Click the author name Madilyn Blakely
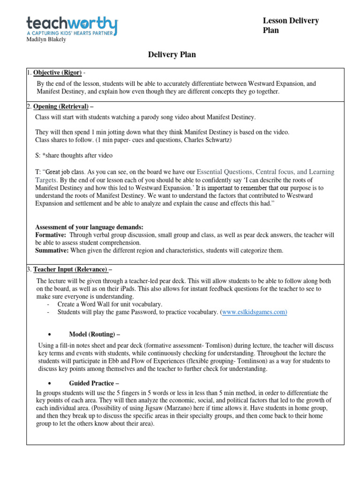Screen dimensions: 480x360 [46, 40]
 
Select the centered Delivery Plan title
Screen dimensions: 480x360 [172, 55]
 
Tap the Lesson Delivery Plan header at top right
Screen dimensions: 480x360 [291, 25]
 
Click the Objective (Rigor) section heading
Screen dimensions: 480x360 [57, 73]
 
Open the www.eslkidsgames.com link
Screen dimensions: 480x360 [254, 312]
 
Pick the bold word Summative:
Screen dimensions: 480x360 [52, 251]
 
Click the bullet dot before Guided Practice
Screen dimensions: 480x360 [49, 383]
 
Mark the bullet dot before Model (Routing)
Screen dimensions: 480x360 [49, 335]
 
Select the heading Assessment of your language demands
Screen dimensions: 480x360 [90, 227]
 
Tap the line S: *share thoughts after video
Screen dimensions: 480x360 [74, 156]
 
